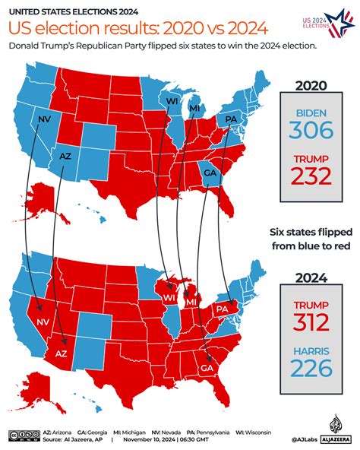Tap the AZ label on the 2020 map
[x=65, y=156]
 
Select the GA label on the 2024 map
[x=206, y=367]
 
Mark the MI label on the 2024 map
[x=191, y=303]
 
